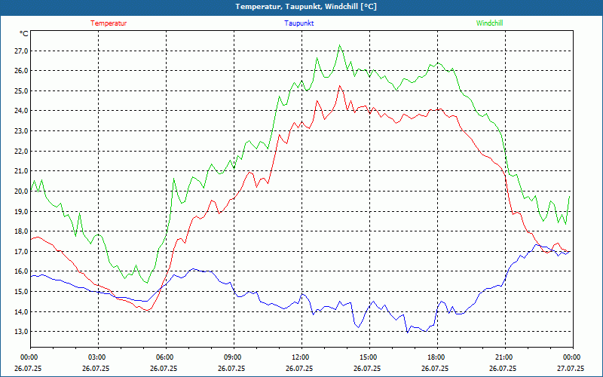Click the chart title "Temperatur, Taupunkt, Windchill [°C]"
301,7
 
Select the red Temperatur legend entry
109,23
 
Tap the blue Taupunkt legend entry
299,23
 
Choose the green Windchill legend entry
489,23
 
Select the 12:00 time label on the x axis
300,357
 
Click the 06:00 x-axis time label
165,357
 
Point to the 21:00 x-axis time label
504,357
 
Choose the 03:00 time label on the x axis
97,357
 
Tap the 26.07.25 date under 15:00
368,369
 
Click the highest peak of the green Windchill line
341,45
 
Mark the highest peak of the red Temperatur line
340,86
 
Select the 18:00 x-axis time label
436,357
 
